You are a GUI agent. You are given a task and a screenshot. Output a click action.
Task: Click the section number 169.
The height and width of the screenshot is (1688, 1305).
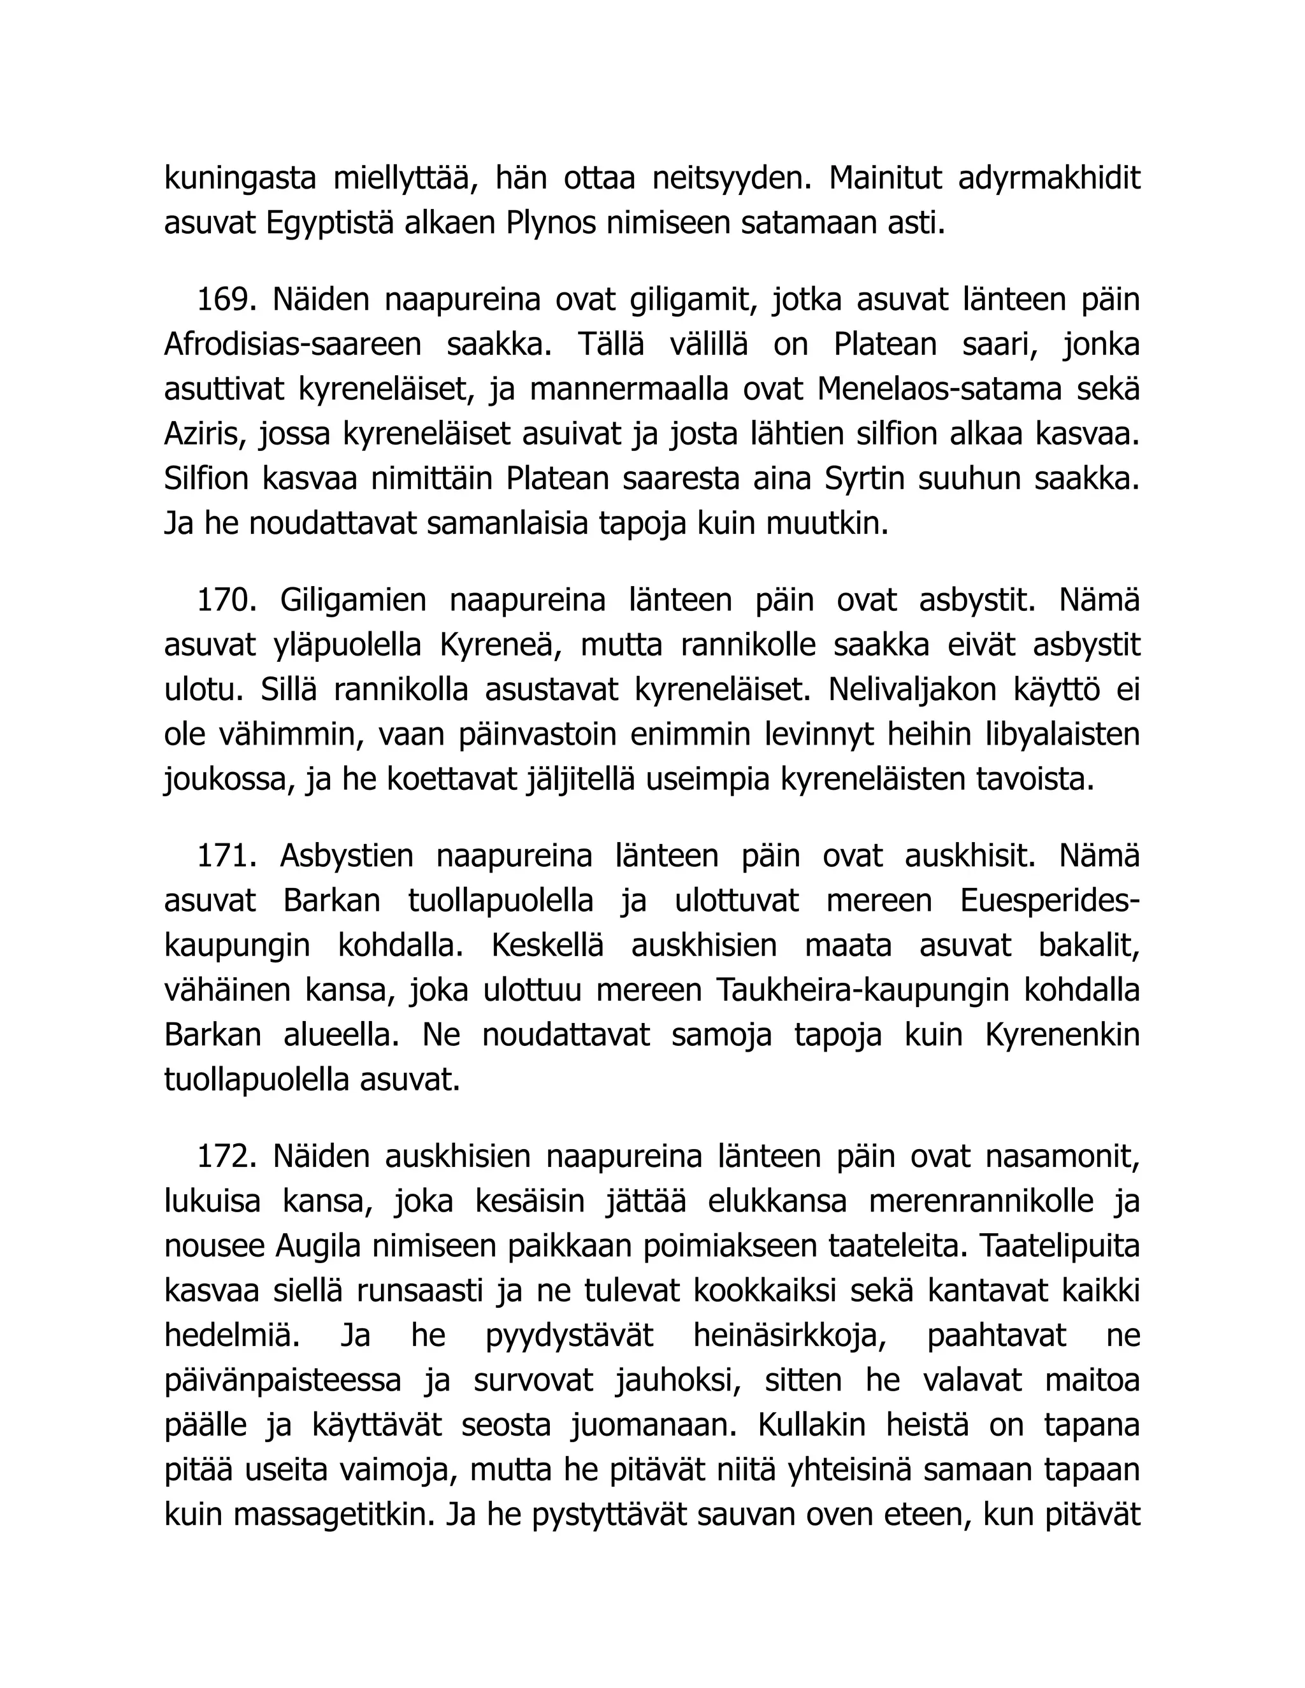click(x=226, y=300)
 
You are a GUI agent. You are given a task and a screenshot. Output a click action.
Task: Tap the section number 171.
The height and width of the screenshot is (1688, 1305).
click(x=226, y=856)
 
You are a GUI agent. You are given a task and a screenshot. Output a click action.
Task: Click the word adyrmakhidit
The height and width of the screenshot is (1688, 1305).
click(x=1048, y=178)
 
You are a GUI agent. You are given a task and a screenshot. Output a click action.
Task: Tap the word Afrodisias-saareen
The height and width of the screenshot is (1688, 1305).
click(x=292, y=345)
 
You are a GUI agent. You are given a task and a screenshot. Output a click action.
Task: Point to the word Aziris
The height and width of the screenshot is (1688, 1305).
click(x=205, y=434)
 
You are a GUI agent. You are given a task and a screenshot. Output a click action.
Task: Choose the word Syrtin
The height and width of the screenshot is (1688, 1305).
click(x=863, y=479)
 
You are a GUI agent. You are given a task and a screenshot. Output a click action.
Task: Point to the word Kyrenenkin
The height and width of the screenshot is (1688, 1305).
click(x=1062, y=1036)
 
